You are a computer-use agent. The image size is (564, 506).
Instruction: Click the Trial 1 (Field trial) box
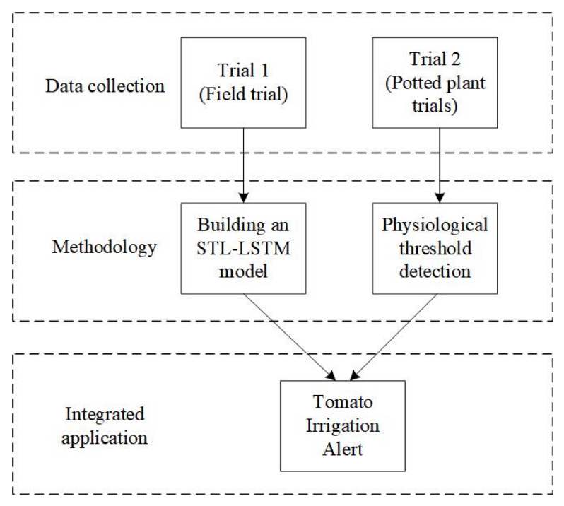[x=244, y=83]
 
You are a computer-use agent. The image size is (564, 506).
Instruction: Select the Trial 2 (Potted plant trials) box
[x=435, y=83]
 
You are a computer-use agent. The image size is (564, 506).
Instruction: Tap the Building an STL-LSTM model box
[x=244, y=248]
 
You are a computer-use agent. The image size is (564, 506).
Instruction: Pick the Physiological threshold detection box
[x=435, y=248]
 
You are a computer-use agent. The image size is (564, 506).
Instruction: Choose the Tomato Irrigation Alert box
[x=343, y=426]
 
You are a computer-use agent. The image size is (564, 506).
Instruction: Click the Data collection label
[x=105, y=86]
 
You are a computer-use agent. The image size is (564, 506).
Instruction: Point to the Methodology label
[x=105, y=248]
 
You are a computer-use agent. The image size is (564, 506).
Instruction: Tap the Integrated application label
[x=105, y=426]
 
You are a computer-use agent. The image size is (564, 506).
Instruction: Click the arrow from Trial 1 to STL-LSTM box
[x=244, y=165]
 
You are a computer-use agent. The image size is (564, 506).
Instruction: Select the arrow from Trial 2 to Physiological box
[x=439, y=165]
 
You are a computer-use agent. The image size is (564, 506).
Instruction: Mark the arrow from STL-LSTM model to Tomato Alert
[x=290, y=337]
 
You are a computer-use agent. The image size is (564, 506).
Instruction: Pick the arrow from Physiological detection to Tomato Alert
[x=394, y=337]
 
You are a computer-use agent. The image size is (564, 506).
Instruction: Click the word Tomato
[x=343, y=402]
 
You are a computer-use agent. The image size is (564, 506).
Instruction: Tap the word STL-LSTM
[x=244, y=249]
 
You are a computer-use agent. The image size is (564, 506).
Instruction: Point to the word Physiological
[x=435, y=226]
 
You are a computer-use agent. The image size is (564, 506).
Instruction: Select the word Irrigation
[x=343, y=427]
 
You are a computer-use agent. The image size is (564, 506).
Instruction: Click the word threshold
[x=435, y=248]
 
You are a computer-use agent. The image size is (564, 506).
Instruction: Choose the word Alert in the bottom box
[x=343, y=449]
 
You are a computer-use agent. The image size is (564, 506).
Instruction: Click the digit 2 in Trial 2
[x=455, y=59]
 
